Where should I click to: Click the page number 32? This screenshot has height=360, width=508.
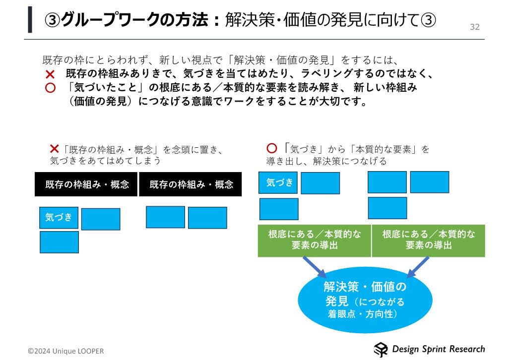[475, 27]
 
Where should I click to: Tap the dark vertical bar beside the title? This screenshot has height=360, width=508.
[30, 20]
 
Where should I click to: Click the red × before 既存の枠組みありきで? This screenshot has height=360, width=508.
[50, 74]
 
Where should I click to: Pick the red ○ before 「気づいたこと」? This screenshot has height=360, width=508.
[50, 88]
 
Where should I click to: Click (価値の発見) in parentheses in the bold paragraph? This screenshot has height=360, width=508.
[101, 103]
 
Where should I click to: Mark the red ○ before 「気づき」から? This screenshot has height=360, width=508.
[271, 149]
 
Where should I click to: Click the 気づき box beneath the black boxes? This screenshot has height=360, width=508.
[59, 217]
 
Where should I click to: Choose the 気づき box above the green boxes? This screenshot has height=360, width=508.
[278, 182]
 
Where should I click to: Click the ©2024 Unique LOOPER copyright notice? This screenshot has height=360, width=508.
[66, 351]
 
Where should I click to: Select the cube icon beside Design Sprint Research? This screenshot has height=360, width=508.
[381, 350]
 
